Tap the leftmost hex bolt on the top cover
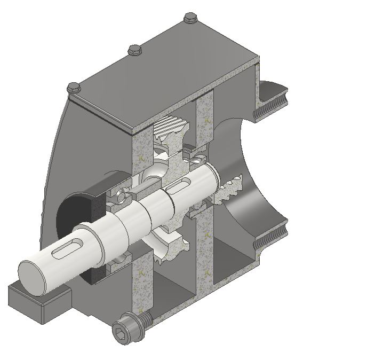click(74, 87)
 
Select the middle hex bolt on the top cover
click(134, 51)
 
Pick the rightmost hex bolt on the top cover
click(189, 19)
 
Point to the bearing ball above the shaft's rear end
click(196, 159)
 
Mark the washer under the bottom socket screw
click(143, 320)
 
